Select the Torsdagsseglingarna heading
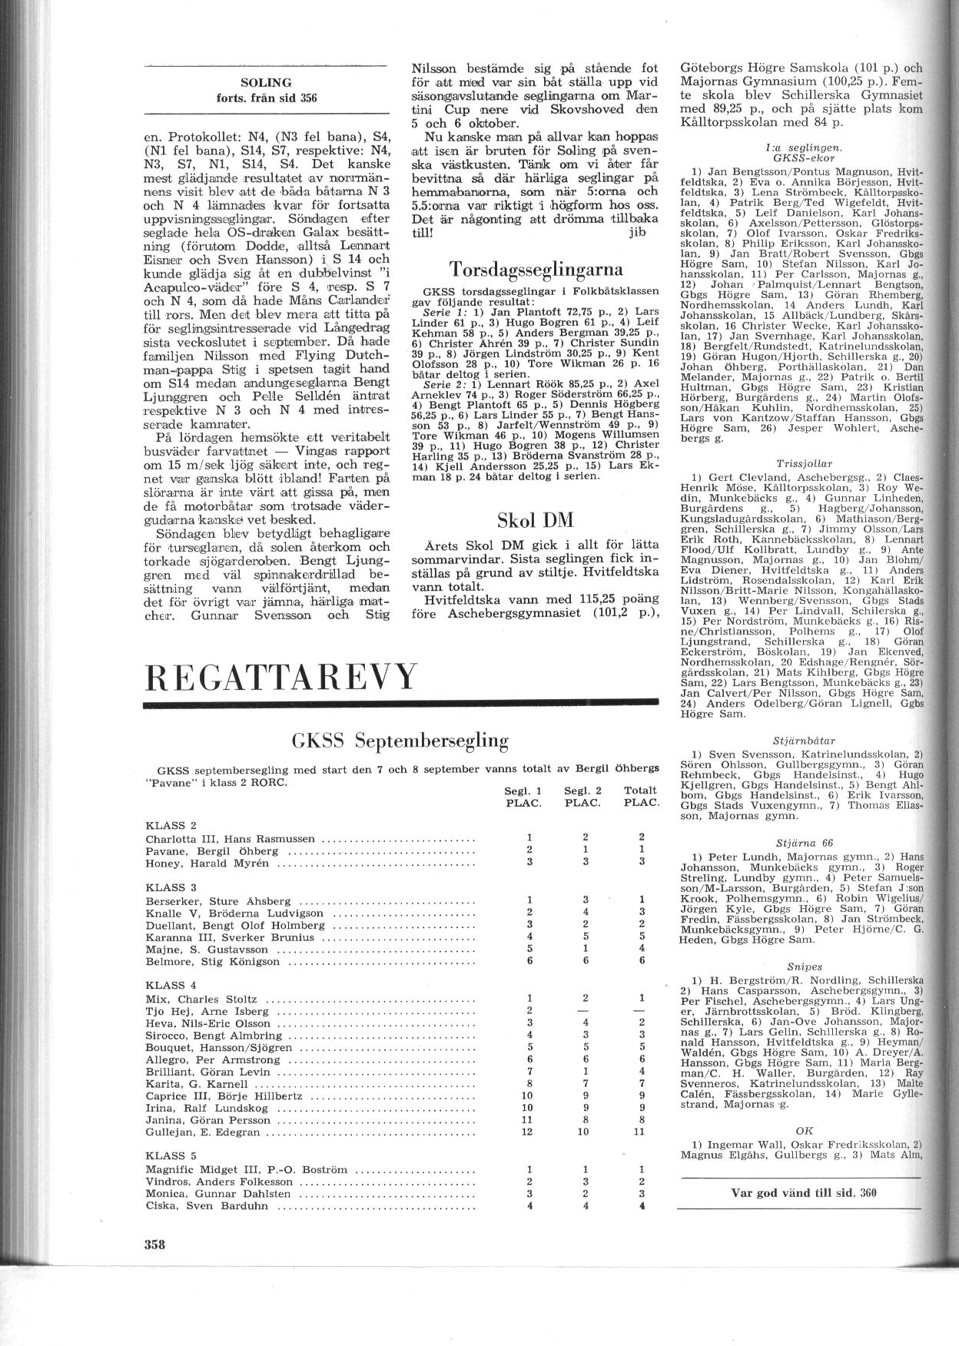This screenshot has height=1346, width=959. pyautogui.click(x=535, y=270)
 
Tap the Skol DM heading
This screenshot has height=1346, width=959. pyautogui.click(x=536, y=519)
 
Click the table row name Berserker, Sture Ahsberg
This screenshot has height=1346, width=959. pyautogui.click(x=218, y=900)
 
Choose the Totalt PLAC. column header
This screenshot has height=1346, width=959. pyautogui.click(x=640, y=796)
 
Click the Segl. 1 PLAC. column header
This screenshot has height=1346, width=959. pyautogui.click(x=523, y=796)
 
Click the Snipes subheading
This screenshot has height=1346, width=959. pyautogui.click(x=805, y=966)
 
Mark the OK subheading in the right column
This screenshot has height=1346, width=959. pyautogui.click(x=805, y=1130)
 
